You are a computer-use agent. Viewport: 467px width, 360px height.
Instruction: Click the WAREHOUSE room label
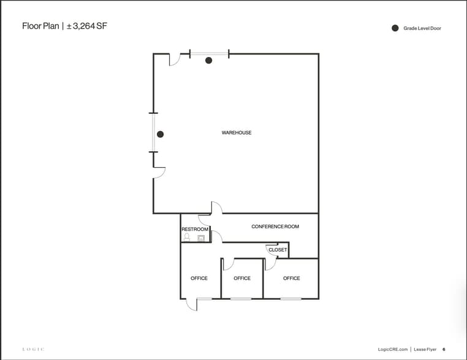click(x=237, y=133)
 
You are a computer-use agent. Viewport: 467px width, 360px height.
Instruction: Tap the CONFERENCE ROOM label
click(x=275, y=227)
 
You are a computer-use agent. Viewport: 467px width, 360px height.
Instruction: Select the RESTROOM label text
click(x=194, y=230)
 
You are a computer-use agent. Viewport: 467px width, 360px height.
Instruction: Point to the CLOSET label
click(x=278, y=250)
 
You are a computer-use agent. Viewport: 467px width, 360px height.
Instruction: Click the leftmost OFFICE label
click(x=199, y=279)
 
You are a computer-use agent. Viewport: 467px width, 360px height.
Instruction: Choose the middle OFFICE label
click(x=242, y=279)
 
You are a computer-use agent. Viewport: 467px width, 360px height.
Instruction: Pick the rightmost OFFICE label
click(x=292, y=279)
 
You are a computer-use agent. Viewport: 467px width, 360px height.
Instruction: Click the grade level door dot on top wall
click(x=209, y=60)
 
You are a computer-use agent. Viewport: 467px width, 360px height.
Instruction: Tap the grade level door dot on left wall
click(x=160, y=134)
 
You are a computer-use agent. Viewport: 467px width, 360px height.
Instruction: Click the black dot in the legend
click(x=395, y=28)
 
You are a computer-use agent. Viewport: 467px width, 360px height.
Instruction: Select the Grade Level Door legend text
click(x=422, y=28)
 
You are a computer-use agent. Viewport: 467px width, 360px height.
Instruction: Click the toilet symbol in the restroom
click(x=187, y=236)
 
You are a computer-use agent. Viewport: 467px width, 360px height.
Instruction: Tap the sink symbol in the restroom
click(x=200, y=236)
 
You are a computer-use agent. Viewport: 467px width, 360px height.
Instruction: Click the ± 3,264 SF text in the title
click(x=86, y=26)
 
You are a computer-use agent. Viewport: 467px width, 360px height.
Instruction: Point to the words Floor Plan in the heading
click(x=40, y=26)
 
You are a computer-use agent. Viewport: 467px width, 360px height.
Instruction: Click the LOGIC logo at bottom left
click(x=33, y=349)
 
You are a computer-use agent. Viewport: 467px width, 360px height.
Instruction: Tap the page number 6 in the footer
click(x=444, y=349)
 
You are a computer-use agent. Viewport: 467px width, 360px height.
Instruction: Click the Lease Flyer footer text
click(x=424, y=349)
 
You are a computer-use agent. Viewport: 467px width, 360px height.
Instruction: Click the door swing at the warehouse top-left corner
click(x=173, y=60)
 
